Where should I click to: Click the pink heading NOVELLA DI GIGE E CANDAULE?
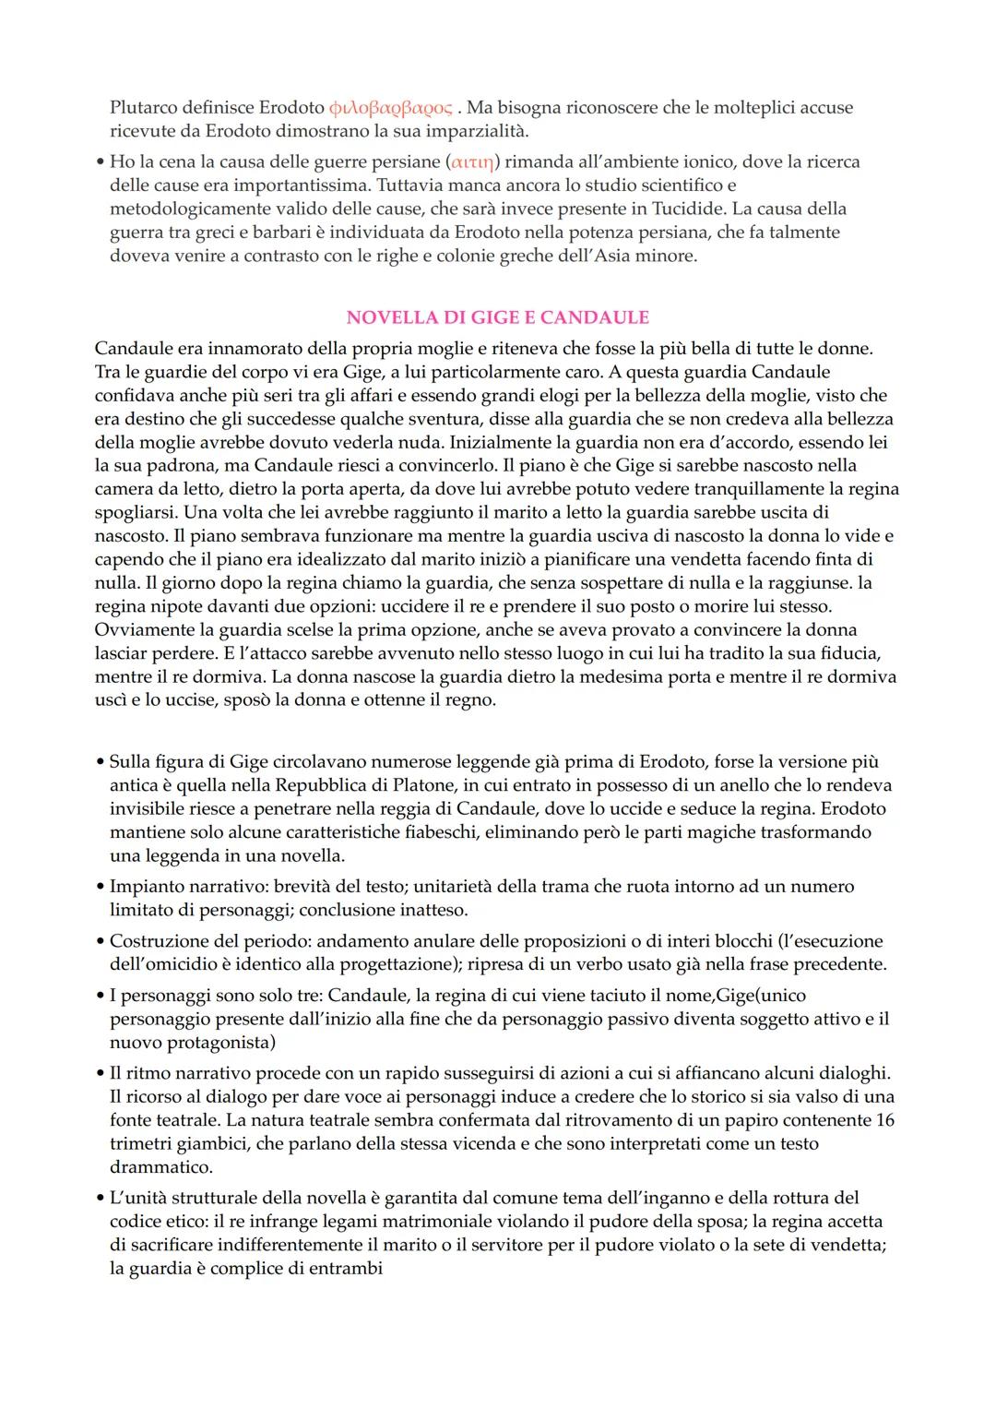pos(497,317)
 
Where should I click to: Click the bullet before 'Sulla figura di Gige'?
pos(100,762)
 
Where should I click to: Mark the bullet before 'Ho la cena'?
pos(100,162)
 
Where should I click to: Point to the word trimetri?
pos(141,1144)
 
